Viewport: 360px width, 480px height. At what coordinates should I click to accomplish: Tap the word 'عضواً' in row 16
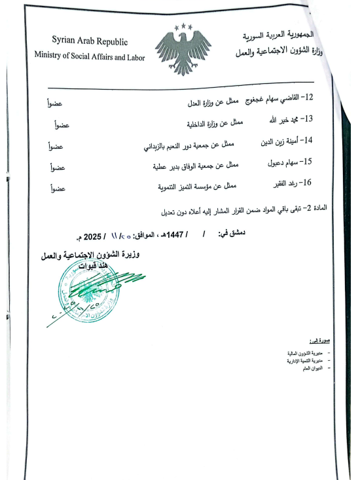[58, 189]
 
